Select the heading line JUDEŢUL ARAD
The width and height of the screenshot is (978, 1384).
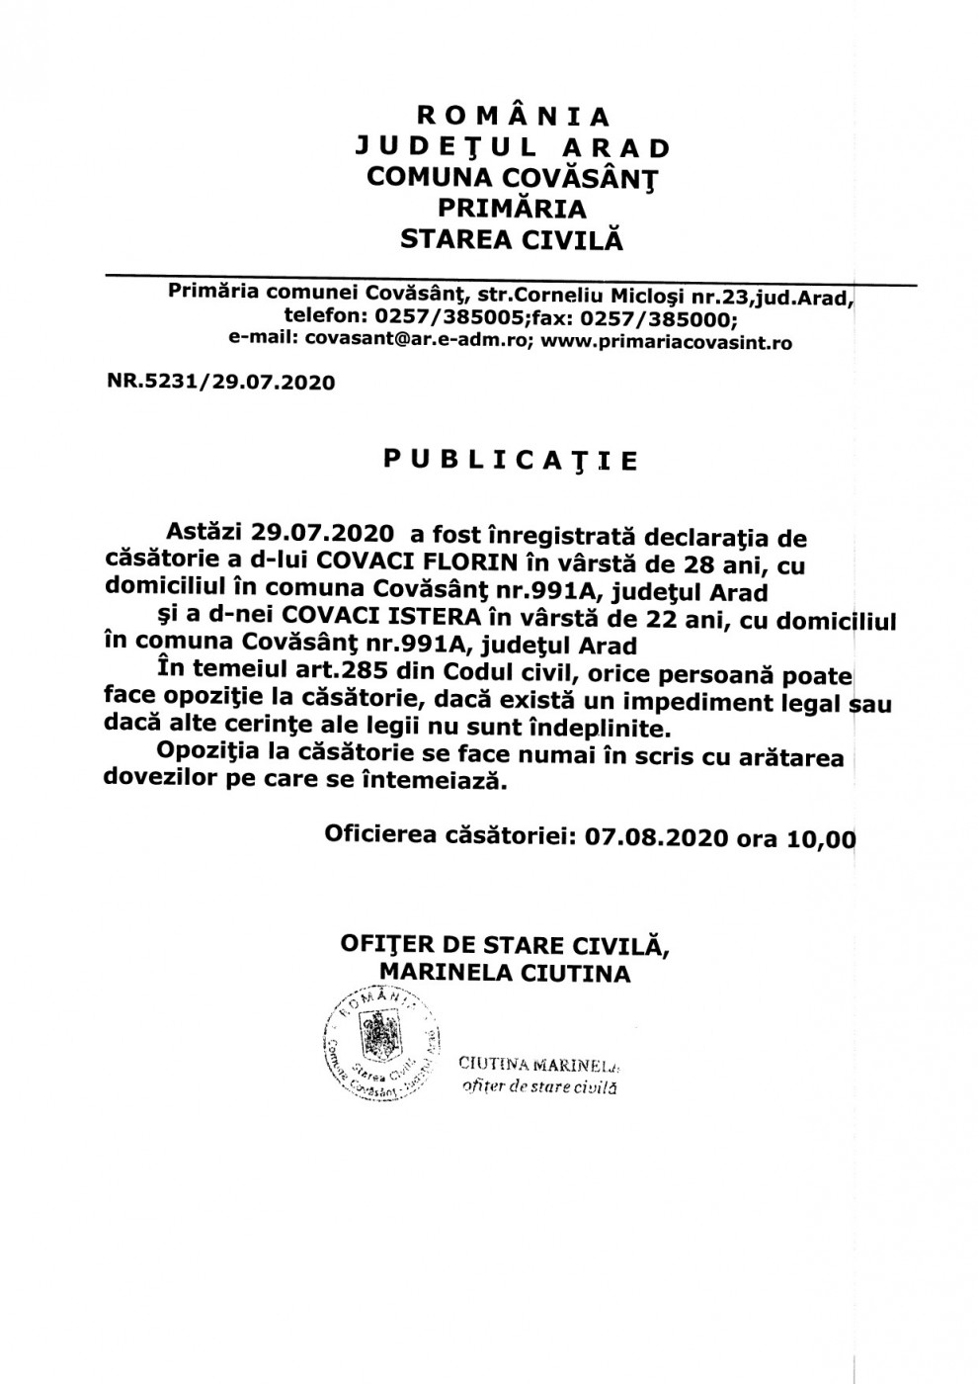513,148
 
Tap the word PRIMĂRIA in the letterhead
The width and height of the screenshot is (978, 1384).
513,209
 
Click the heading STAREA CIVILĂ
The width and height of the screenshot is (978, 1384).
513,239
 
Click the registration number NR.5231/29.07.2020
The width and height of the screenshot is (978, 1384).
220,383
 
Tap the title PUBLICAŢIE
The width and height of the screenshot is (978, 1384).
511,461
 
